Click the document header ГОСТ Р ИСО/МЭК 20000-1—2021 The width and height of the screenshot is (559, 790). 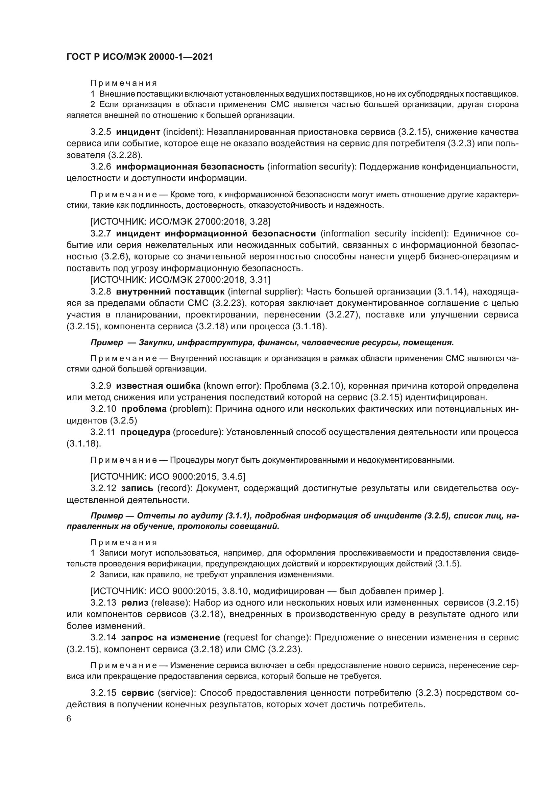click(139, 57)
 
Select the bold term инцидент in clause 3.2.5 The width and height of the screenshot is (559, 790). click(138, 132)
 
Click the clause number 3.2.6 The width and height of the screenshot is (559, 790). click(100, 167)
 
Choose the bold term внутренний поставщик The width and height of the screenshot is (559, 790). click(170, 292)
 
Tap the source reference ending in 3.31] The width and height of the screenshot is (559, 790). click(180, 279)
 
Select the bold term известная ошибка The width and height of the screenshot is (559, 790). click(158, 386)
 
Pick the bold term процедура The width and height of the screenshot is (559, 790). click(145, 432)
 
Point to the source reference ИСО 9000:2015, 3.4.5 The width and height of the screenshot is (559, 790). click(168, 477)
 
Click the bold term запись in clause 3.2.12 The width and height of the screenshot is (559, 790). click(137, 489)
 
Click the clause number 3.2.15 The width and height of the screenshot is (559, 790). click(103, 693)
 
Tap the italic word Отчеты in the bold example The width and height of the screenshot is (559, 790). click(150, 516)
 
